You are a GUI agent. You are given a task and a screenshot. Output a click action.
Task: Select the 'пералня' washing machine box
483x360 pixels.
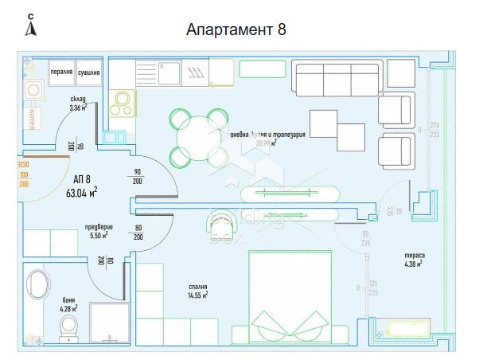[x=62, y=71]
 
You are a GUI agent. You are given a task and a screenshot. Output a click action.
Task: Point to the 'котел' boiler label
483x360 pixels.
[x=32, y=116]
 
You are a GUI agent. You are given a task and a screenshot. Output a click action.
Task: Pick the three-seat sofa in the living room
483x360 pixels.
[x=335, y=77]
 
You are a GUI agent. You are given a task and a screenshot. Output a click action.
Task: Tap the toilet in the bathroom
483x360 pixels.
[x=69, y=326]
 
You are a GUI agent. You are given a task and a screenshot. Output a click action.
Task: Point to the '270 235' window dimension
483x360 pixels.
[x=434, y=130]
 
